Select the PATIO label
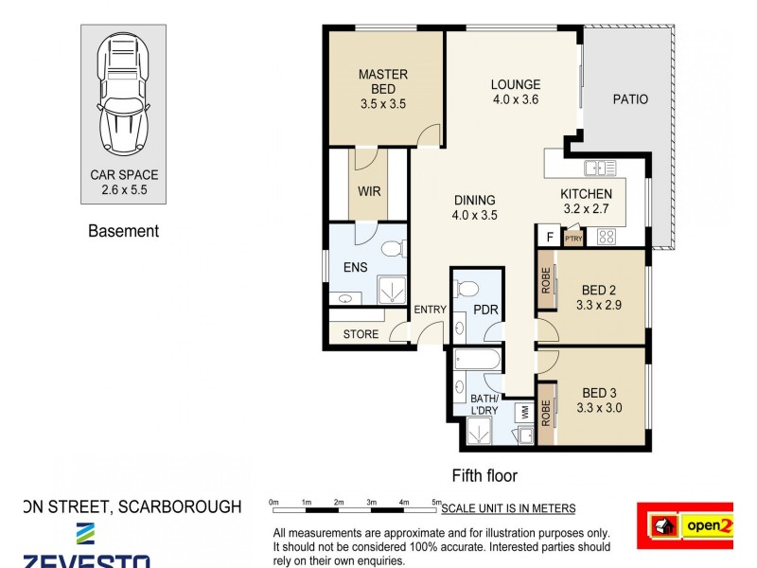coord(630,98)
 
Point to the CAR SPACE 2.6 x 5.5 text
coord(124,182)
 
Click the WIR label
coord(369,190)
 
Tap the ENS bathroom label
coord(355,268)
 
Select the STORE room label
coord(361,334)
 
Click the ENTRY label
coord(430,310)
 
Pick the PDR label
coord(486,310)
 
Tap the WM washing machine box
coord(523,412)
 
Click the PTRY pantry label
coord(573,239)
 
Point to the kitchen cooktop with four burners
coord(605,237)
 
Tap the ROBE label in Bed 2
coord(546,282)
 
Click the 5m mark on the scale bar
coord(436,502)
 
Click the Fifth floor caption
coord(484,476)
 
